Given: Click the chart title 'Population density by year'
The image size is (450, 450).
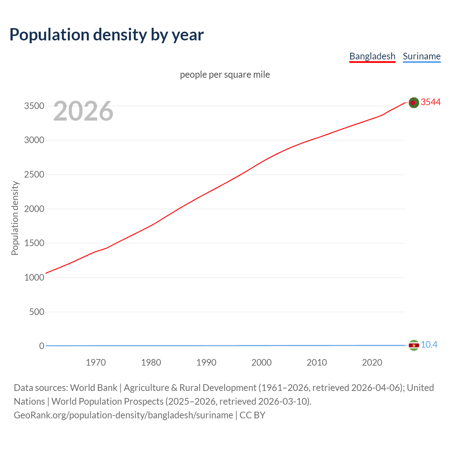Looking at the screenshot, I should coord(107,35).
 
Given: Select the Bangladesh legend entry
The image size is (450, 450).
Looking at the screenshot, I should coord(372,56).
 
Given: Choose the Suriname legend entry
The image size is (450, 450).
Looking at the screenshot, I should coord(422,56).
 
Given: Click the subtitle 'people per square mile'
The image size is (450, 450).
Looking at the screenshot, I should coord(225,75).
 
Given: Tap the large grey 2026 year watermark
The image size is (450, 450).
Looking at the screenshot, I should coord(83,111).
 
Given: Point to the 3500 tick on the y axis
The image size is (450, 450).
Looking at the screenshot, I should coord(34,106).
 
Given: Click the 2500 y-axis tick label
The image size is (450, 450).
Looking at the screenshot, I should coord(34,174).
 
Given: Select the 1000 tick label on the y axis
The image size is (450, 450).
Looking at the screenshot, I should coord(34,277).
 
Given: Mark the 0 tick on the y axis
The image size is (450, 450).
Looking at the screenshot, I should coord(41,346).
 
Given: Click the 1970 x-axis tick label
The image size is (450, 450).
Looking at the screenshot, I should coord(96,362).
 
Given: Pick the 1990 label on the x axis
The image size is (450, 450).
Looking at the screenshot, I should coord(206,362).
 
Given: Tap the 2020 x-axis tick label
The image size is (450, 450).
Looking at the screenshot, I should coord(372,362).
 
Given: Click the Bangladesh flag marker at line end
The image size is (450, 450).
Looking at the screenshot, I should coord(414,103).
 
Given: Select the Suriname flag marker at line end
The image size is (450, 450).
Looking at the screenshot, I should coord(414,346).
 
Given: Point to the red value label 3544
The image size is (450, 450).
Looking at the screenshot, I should coord(431,102).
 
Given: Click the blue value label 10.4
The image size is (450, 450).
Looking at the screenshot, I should coord(429,345).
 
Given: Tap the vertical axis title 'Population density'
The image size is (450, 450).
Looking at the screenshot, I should coord(15,218).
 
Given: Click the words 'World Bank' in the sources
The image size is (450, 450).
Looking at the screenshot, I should coord(94,388).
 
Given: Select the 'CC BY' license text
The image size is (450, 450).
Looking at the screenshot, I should coord(252,415).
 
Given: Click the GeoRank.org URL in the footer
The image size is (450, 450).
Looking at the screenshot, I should coord(123,415).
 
